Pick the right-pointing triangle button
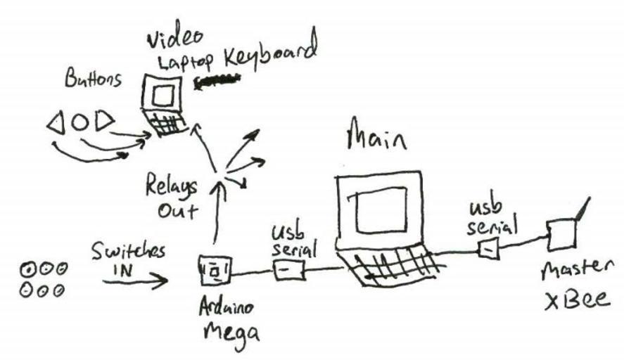[104, 123]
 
